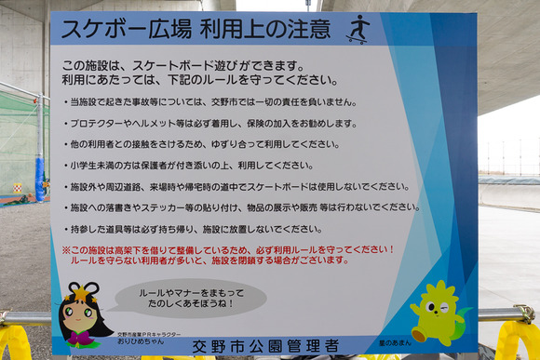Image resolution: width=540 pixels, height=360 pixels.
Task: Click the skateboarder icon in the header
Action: click(358, 29)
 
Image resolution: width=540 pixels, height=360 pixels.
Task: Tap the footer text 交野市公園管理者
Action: click(265, 346)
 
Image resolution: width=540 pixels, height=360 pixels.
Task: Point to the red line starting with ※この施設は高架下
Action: click(228, 249)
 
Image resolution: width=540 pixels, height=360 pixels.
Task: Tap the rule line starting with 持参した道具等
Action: click(196, 228)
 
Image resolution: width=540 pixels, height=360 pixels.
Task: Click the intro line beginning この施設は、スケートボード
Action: click(182, 66)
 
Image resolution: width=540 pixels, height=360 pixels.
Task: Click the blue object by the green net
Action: click(40, 179)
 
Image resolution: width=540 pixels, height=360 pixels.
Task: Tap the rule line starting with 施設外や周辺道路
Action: click(238, 186)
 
